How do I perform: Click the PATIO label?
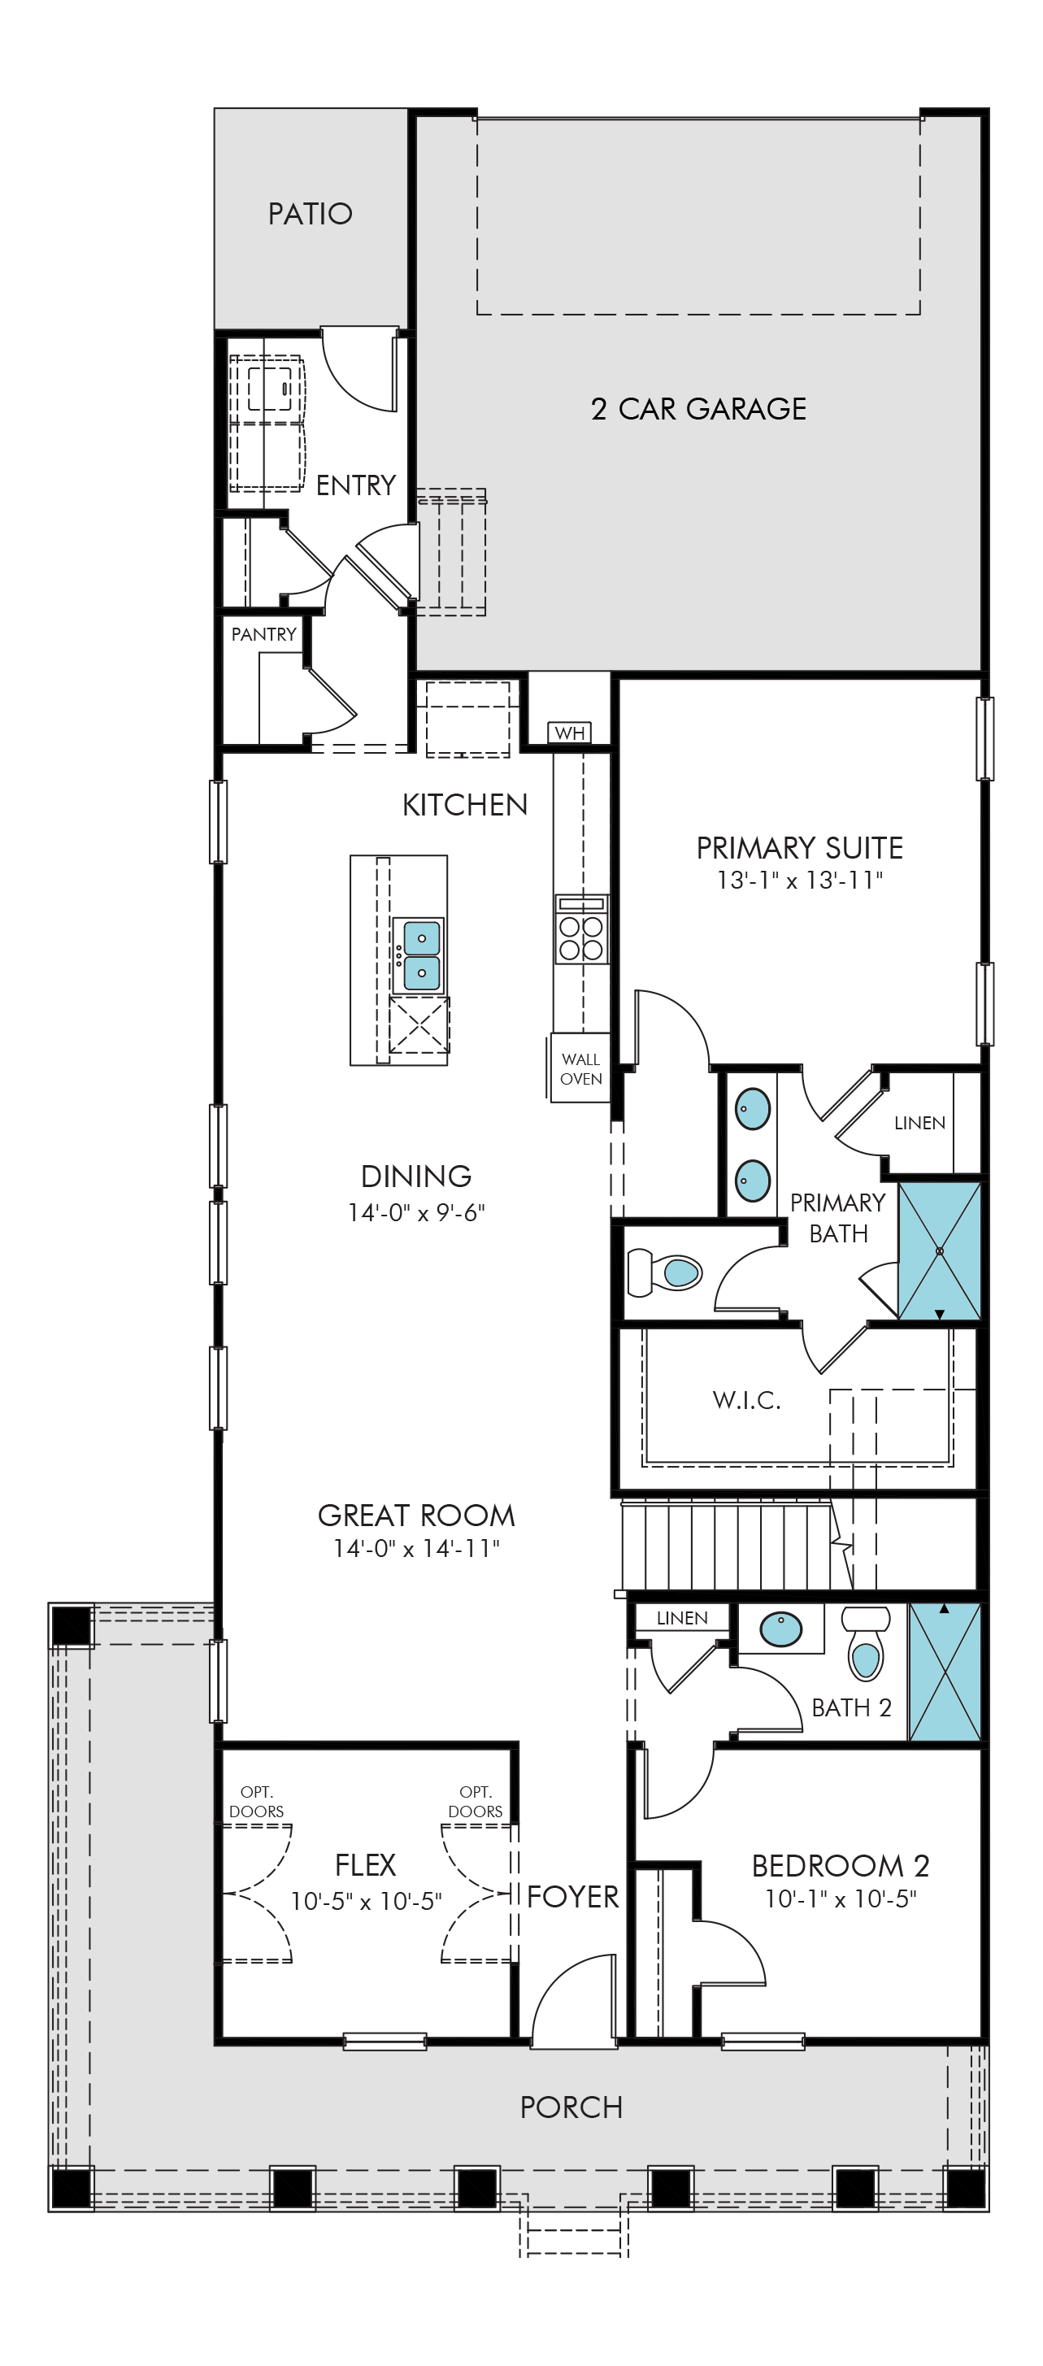click(x=311, y=214)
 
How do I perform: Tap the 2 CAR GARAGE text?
click(x=698, y=409)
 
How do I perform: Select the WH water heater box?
click(x=570, y=733)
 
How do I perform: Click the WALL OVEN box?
click(x=580, y=1068)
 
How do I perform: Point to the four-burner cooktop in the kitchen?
click(x=581, y=929)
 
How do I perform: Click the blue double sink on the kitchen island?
click(x=419, y=955)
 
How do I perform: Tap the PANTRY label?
click(x=263, y=635)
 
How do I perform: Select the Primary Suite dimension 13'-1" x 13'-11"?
click(x=800, y=880)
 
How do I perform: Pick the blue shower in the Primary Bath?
click(x=939, y=1251)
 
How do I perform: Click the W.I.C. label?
click(x=746, y=1401)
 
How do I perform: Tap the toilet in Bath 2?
click(x=866, y=1643)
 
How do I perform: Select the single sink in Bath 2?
click(x=780, y=1630)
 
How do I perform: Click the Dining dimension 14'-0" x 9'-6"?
click(x=416, y=1212)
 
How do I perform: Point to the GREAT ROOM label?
click(x=416, y=1516)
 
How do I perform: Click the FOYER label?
click(x=573, y=1897)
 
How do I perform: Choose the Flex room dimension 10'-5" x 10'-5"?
click(x=367, y=1901)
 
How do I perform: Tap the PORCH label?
click(x=571, y=2107)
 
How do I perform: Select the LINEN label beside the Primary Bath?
click(x=919, y=1122)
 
